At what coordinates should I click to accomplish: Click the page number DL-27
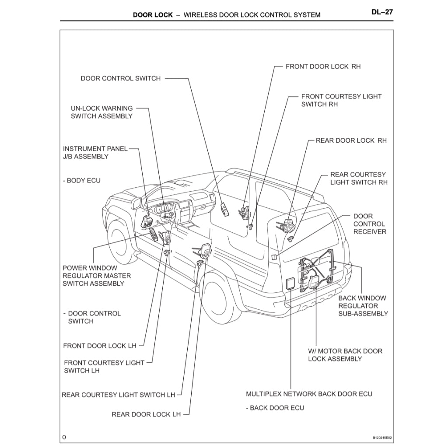[382, 12]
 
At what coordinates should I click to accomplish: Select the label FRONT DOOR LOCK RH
[323, 66]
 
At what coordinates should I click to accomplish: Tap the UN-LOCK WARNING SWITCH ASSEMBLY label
[101, 112]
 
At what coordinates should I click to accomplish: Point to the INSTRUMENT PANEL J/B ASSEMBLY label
[95, 152]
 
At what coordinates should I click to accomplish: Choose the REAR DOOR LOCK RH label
[351, 140]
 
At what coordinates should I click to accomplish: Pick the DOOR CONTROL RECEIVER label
[370, 224]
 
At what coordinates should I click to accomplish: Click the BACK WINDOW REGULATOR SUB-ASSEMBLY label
[363, 306]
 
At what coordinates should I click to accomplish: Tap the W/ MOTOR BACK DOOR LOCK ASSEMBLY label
[345, 355]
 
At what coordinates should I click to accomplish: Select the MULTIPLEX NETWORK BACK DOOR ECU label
[309, 394]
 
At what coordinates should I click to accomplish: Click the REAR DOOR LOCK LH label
[146, 414]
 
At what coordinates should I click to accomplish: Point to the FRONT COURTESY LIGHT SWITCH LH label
[104, 367]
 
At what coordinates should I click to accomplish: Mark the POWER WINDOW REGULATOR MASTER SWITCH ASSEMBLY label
[96, 276]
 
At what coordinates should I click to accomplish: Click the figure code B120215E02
[382, 437]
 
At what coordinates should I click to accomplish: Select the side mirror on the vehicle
[136, 203]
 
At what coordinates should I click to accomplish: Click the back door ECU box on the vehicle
[290, 283]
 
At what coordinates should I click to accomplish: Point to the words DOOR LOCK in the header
[153, 15]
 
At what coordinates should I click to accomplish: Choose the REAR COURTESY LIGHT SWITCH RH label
[358, 178]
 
